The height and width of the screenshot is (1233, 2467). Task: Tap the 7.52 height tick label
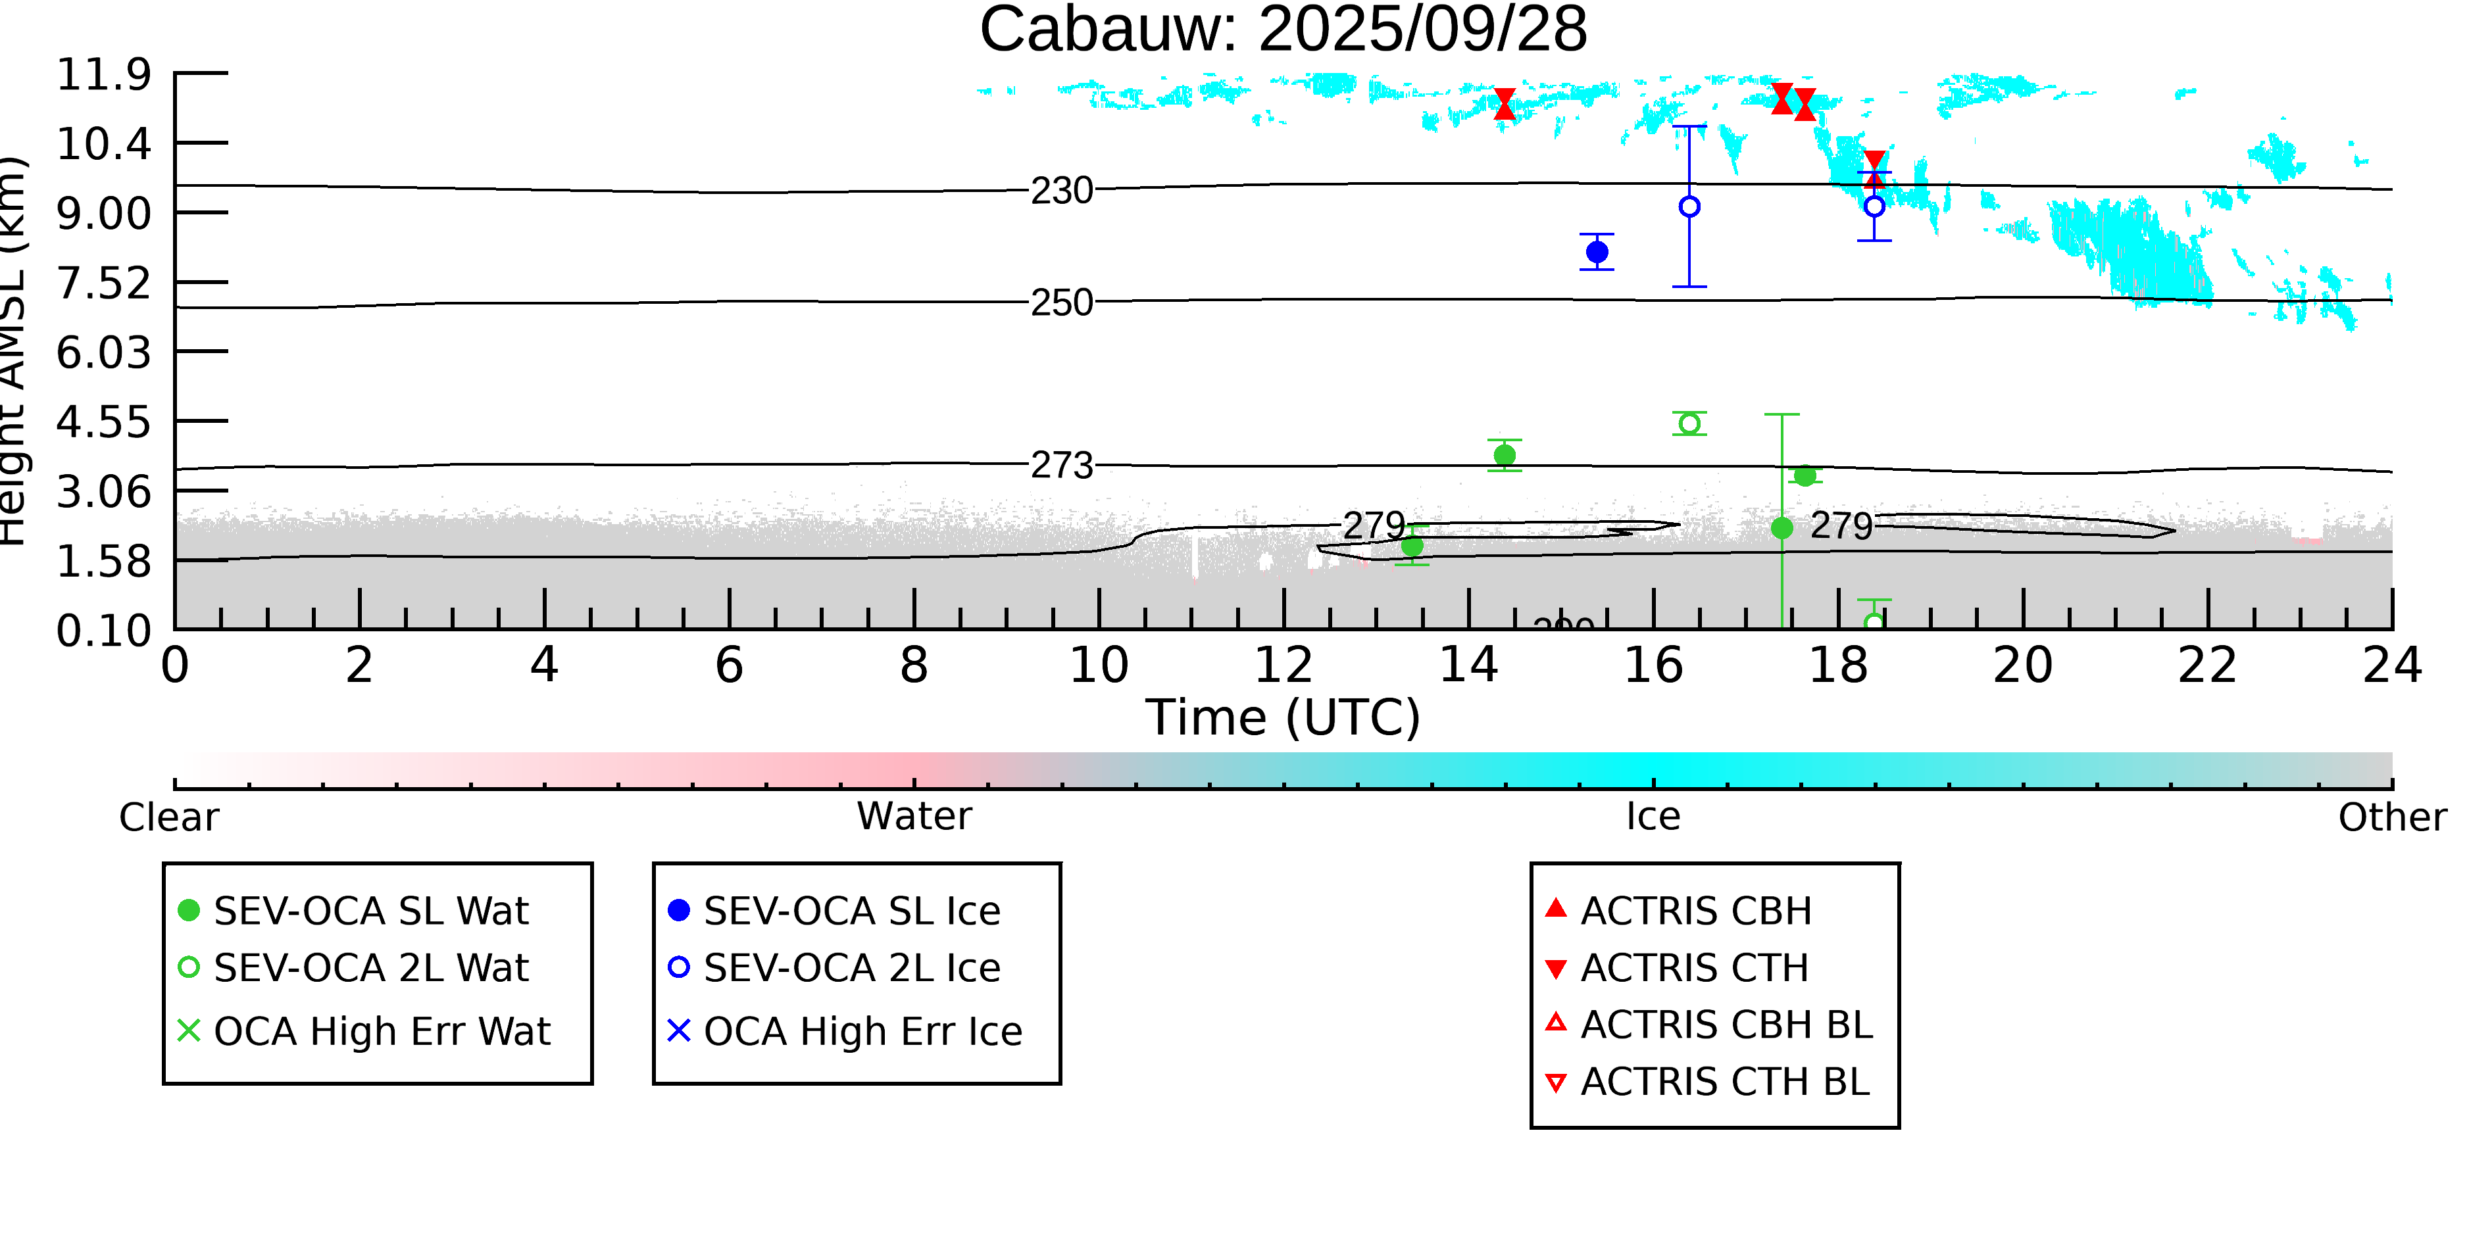tap(103, 284)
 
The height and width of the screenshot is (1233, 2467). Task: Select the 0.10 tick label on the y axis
tap(103, 631)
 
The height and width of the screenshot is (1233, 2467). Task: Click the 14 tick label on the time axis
tap(1468, 665)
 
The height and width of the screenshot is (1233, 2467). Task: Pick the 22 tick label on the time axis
tap(2207, 665)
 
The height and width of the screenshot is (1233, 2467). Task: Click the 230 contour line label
tap(1061, 191)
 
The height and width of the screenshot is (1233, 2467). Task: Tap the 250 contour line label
tap(1061, 303)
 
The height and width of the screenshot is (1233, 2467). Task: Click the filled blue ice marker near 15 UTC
tap(1597, 253)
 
